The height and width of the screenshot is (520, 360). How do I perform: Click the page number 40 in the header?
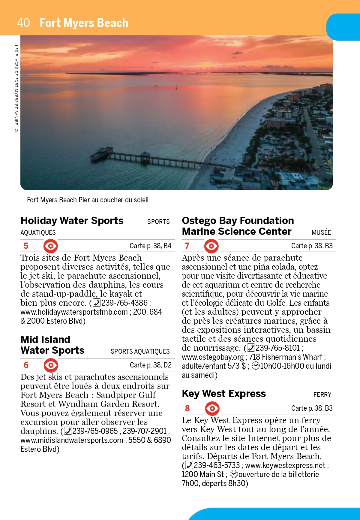[23, 23]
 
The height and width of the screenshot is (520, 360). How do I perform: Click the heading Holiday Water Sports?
[72, 221]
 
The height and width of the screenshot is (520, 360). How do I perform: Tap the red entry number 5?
[26, 246]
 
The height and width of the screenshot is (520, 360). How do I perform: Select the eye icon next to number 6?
[51, 365]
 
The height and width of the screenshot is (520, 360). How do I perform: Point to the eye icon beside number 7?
[211, 246]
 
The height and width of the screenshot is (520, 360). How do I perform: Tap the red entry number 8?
[187, 408]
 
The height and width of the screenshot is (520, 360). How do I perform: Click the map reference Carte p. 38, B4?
[150, 246]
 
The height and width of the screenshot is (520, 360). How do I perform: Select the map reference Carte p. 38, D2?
[151, 365]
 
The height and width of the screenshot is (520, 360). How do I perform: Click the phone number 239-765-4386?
[124, 303]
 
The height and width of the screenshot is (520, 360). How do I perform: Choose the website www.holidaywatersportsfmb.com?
[74, 312]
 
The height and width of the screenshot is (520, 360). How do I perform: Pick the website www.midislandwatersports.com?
[72, 440]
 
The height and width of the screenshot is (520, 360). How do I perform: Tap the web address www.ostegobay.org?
[213, 357]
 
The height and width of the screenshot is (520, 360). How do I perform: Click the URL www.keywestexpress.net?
[285, 465]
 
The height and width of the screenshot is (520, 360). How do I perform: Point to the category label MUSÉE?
[321, 232]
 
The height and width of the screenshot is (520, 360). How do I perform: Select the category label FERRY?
[322, 395]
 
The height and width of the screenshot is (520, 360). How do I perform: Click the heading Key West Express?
[224, 394]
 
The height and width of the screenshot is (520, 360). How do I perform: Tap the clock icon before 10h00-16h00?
[256, 366]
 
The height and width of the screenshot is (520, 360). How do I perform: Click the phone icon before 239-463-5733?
[189, 465]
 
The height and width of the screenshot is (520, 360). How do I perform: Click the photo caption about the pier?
[88, 200]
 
